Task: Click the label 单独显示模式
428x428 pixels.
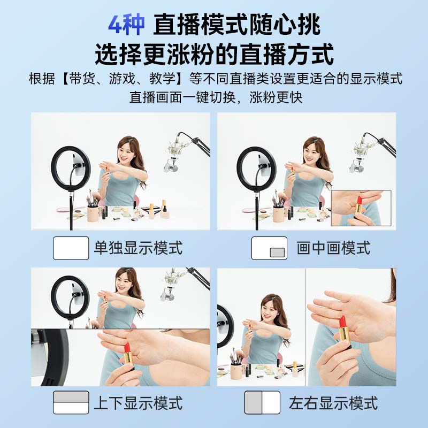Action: click(138, 248)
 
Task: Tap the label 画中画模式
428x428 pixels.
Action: click(333, 248)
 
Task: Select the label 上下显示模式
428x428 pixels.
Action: click(138, 402)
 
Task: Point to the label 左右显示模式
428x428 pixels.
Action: click(333, 402)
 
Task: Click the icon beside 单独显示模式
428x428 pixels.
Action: click(71, 248)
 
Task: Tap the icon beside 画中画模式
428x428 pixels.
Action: click(269, 248)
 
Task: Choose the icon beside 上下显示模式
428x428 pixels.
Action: click(71, 402)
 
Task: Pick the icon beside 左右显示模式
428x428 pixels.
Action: click(262, 402)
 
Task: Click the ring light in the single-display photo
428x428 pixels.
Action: click(71, 168)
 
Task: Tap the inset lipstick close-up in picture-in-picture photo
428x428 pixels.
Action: click(361, 208)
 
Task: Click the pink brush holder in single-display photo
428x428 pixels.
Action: click(94, 212)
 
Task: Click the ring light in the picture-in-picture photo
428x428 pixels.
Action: click(256, 168)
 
